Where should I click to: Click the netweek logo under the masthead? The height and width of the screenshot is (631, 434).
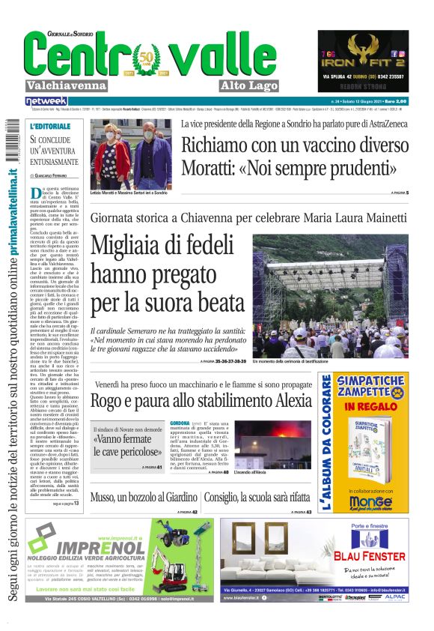(x=46, y=100)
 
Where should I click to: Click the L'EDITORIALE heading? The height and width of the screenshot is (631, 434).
(x=51, y=126)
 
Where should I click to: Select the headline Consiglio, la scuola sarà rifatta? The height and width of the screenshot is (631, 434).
(x=257, y=497)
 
